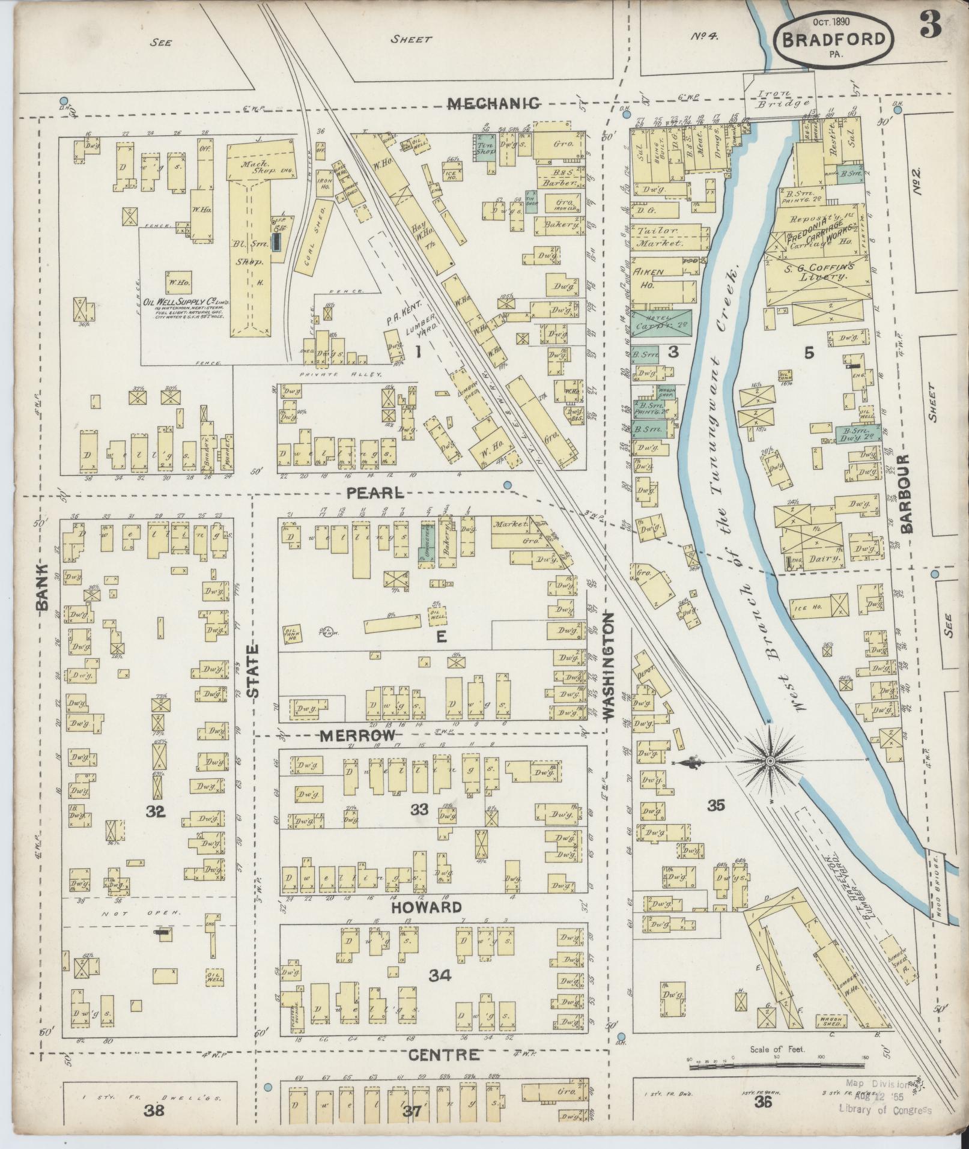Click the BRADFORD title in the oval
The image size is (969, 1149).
(x=833, y=39)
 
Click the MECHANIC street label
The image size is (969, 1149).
(x=494, y=103)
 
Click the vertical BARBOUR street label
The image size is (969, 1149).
(x=906, y=493)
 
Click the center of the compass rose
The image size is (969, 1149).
(x=771, y=762)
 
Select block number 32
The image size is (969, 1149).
(x=155, y=812)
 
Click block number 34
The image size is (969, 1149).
(x=440, y=976)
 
